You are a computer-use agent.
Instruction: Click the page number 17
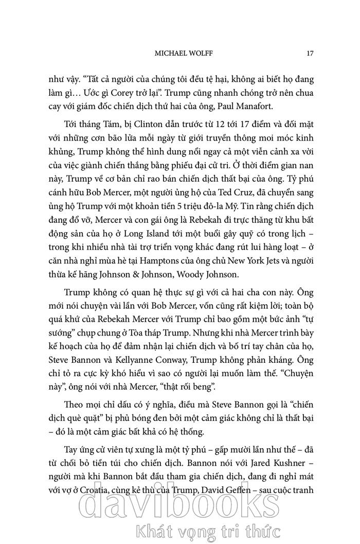pyautogui.click(x=310, y=53)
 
